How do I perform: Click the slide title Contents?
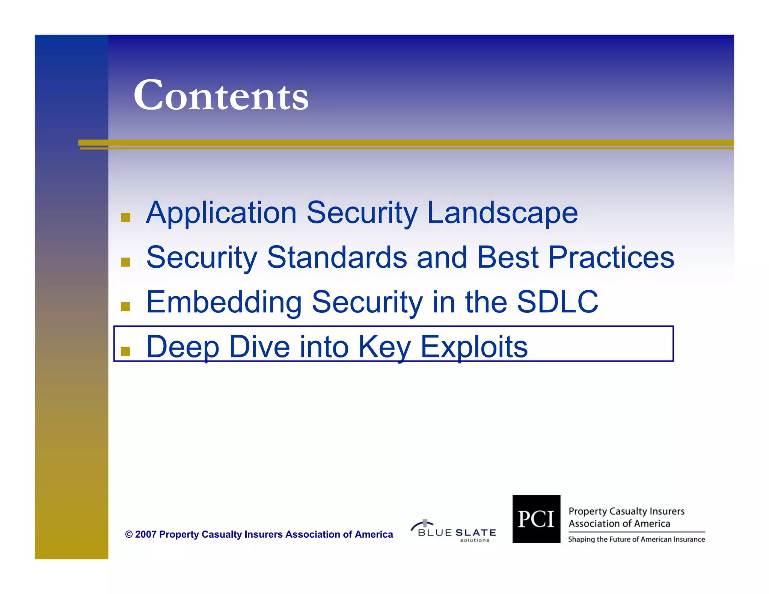(221, 95)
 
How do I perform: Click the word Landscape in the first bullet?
(502, 213)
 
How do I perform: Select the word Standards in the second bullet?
(337, 258)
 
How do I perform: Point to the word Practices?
(611, 258)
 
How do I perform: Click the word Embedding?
(224, 303)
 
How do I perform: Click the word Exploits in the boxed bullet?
(474, 347)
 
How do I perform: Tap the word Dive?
(259, 347)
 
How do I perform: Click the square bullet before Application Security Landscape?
(125, 217)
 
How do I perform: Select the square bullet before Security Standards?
(125, 262)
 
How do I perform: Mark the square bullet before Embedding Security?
(125, 307)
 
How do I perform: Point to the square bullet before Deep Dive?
(125, 351)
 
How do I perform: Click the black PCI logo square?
(536, 519)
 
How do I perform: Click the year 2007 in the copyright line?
(145, 534)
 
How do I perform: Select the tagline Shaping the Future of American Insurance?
(636, 540)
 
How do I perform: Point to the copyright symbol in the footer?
(129, 535)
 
